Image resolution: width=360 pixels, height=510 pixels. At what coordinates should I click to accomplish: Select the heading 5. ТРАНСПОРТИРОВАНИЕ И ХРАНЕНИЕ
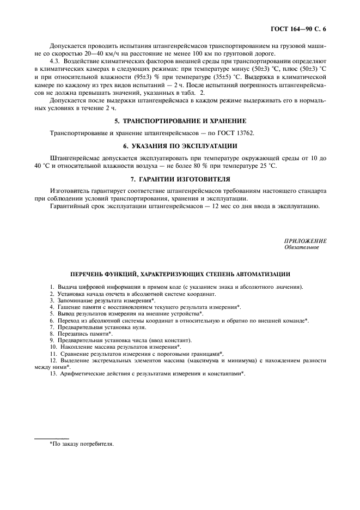point(180,120)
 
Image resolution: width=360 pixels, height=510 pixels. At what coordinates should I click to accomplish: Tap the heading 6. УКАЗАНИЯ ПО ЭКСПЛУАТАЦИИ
point(180,146)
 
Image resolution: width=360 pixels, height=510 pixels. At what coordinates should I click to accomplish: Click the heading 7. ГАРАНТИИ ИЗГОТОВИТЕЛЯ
point(180,179)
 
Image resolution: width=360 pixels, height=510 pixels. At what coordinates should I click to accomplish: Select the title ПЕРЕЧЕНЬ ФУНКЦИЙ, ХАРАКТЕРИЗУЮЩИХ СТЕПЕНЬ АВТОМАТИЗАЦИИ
point(180,274)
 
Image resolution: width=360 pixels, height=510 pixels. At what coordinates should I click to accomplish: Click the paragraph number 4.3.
point(56,63)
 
